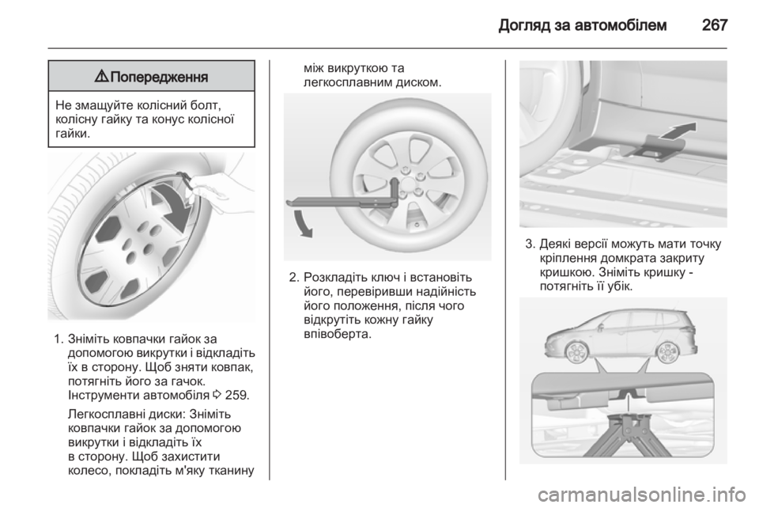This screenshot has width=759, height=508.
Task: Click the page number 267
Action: coord(715,25)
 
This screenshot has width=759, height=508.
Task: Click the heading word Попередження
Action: coord(159,77)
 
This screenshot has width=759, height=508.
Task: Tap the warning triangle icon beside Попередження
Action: coord(102,76)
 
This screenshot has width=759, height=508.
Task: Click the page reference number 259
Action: coord(237,395)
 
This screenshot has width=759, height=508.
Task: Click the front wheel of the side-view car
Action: coord(576,352)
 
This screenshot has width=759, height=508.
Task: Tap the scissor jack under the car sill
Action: coord(627,436)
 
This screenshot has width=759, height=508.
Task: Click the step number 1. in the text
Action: coord(59,339)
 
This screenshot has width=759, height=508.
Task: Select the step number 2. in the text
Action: coord(294,278)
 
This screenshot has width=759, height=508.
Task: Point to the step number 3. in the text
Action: coord(530,244)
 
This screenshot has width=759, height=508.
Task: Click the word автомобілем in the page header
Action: coord(620,25)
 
